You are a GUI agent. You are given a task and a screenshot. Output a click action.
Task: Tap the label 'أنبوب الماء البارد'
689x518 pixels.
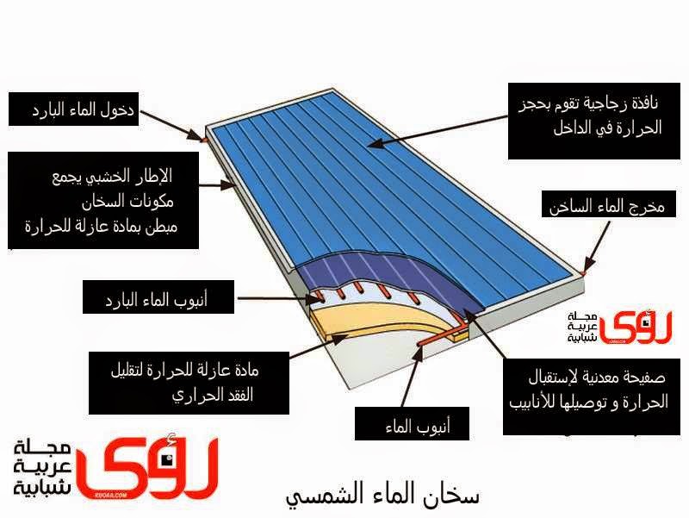click(x=156, y=300)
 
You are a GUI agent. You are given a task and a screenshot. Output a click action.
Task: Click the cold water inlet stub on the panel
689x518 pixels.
click(x=203, y=138)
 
